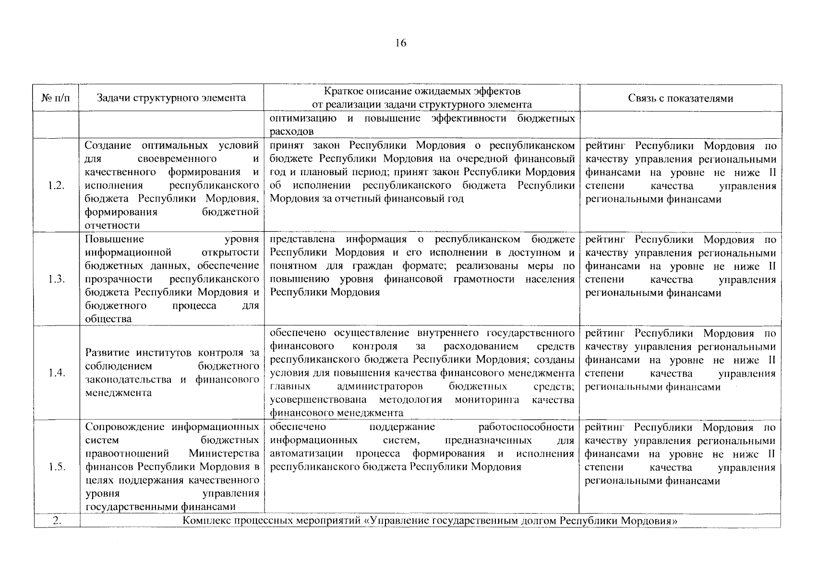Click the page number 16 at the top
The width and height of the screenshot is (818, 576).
click(x=401, y=43)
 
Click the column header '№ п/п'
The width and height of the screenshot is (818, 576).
click(x=56, y=98)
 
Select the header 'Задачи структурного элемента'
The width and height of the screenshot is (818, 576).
click(x=171, y=98)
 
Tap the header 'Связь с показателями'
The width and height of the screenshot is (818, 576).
click(x=680, y=98)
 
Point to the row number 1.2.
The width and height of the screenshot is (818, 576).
click(x=57, y=186)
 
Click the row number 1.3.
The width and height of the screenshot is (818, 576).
click(x=57, y=279)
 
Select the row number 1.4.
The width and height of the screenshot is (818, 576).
click(x=57, y=373)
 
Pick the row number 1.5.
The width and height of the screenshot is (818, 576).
click(x=57, y=467)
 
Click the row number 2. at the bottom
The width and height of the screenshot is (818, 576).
click(x=57, y=521)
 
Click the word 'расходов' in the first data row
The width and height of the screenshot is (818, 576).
click(x=292, y=132)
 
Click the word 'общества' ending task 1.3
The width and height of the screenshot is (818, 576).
click(x=108, y=319)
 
